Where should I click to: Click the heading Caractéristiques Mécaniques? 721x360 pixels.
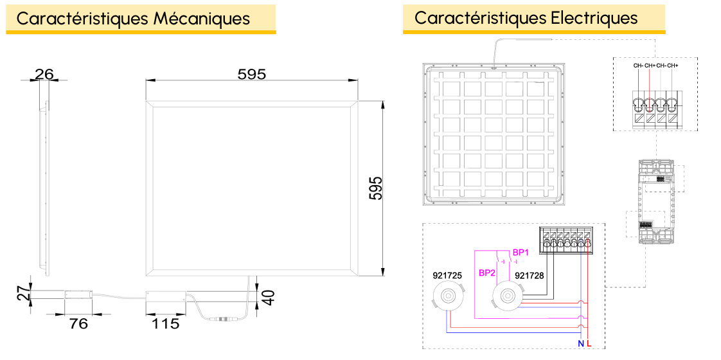(x=134, y=19)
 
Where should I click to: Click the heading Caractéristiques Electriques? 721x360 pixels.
(x=526, y=18)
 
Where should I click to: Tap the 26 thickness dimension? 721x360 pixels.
(x=44, y=73)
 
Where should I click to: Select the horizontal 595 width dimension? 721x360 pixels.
(x=251, y=73)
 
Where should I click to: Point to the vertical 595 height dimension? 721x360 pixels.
(x=376, y=188)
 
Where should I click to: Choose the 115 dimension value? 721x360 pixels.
(x=166, y=323)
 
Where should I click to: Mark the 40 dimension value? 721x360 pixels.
(x=269, y=298)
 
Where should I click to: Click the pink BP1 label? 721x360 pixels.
(x=521, y=253)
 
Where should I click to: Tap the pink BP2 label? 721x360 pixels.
(x=487, y=273)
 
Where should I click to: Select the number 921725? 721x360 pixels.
(x=447, y=276)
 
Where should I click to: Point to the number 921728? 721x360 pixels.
(x=530, y=276)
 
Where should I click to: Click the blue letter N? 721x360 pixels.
(x=581, y=343)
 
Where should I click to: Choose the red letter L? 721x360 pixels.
(x=589, y=343)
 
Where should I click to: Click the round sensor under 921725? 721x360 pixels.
(x=449, y=296)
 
